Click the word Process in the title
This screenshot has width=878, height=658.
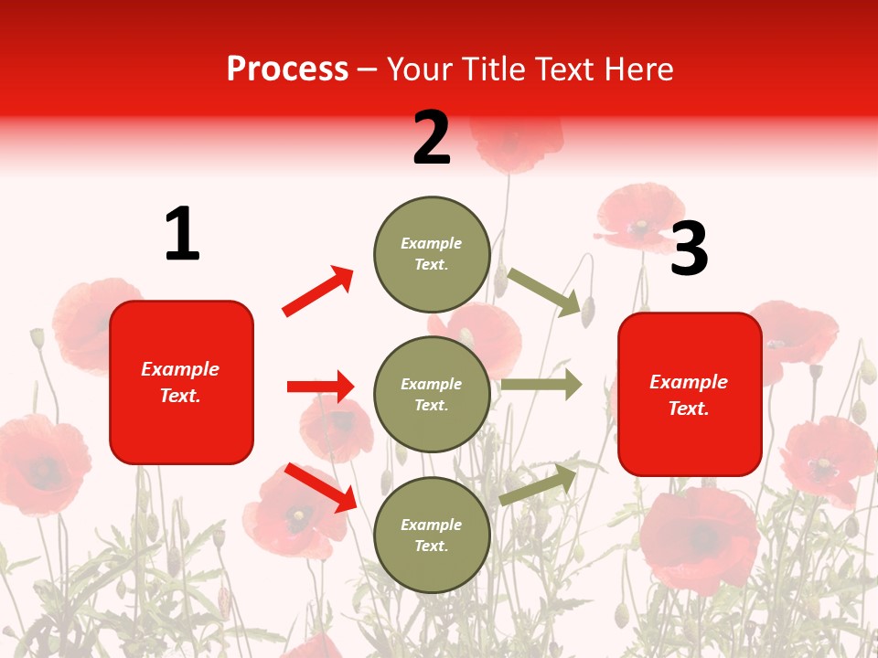[x=287, y=69]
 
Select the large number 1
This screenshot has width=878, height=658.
[x=182, y=234]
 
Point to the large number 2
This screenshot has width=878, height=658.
[x=432, y=138]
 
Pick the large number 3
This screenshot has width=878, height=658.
[x=689, y=249]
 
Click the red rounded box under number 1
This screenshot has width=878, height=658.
[x=181, y=382]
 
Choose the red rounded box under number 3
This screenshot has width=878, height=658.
[x=690, y=395]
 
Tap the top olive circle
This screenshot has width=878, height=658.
[x=432, y=254]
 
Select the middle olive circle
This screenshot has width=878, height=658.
[x=432, y=395]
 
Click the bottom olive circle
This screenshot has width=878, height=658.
[x=432, y=536]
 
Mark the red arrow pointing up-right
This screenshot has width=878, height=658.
[x=318, y=292]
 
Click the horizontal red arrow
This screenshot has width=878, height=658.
[x=320, y=387]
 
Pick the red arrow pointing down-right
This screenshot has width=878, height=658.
[x=320, y=487]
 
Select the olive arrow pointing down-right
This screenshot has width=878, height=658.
[x=545, y=292]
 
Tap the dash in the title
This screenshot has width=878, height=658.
[x=368, y=70]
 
